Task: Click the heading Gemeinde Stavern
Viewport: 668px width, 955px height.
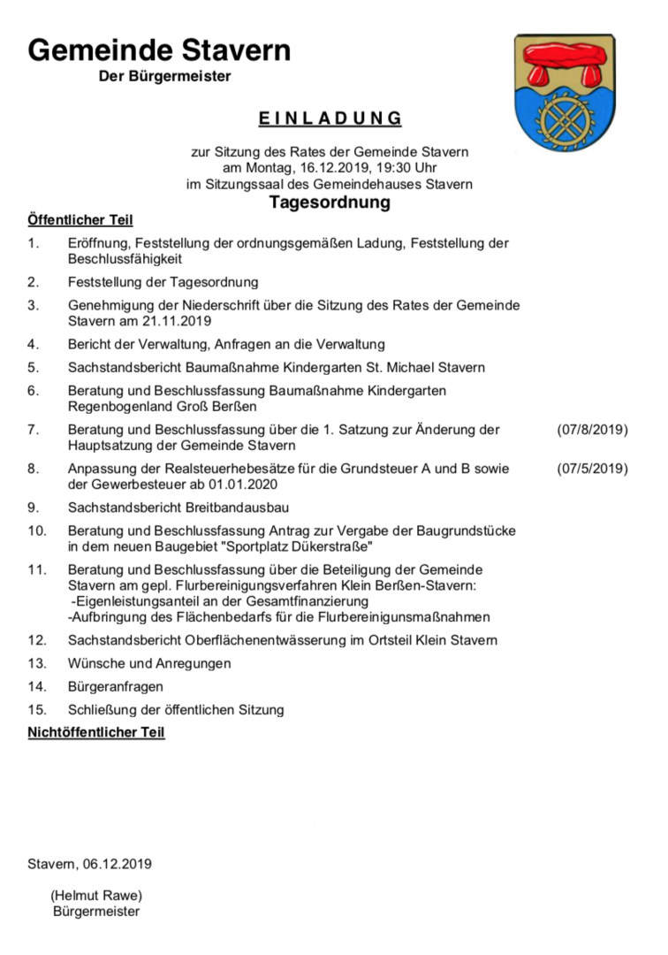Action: [x=159, y=50]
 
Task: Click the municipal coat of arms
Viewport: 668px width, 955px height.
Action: [x=564, y=93]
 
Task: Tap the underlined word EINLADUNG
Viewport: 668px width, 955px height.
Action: [x=330, y=118]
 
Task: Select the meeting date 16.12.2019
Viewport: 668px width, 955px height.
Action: [x=318, y=168]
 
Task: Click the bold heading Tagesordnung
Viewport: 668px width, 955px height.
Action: [x=330, y=202]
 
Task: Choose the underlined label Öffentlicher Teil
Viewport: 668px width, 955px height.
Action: [x=80, y=219]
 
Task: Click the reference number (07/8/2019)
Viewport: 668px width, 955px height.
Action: [x=592, y=430]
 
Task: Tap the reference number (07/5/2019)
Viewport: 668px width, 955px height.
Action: [x=592, y=469]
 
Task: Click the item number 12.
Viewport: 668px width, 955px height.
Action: [x=37, y=639]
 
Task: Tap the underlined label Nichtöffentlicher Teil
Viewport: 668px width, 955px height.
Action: [x=96, y=732]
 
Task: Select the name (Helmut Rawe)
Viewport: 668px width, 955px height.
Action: [x=96, y=895]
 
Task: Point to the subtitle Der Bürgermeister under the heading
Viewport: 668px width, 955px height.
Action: [x=165, y=77]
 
